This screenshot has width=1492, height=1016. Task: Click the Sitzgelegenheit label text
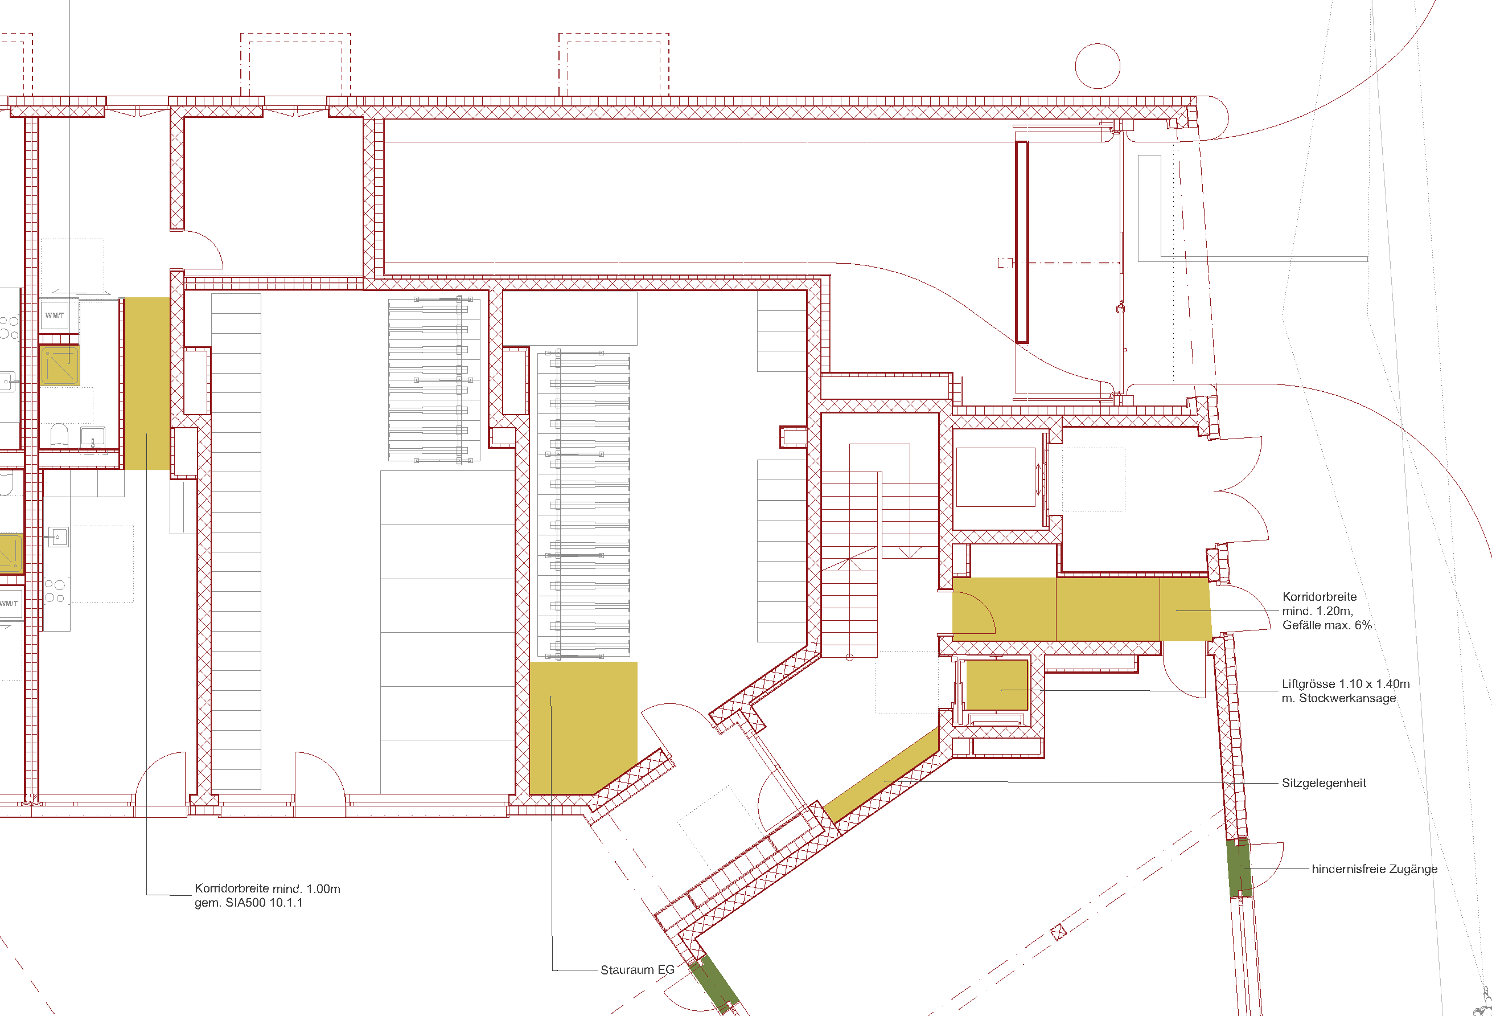click(x=1324, y=783)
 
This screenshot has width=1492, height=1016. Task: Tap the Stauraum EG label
click(x=638, y=970)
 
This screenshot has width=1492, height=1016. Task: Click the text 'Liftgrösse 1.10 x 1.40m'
click(x=1346, y=684)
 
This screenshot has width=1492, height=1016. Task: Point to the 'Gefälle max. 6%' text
click(x=1327, y=625)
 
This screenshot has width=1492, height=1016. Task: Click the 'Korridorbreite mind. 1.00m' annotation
click(x=268, y=888)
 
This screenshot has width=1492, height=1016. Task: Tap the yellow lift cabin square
click(x=996, y=685)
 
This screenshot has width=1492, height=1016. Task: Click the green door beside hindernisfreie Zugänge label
click(x=1239, y=868)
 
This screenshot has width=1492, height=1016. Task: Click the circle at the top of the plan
click(x=1098, y=66)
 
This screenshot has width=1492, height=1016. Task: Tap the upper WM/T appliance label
click(x=55, y=316)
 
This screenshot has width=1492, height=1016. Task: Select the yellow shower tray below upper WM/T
click(x=60, y=365)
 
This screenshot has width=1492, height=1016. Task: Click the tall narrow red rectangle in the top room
click(x=1022, y=242)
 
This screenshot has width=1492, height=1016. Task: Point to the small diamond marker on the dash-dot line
click(x=1058, y=932)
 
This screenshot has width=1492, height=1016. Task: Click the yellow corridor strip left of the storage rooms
click(x=147, y=383)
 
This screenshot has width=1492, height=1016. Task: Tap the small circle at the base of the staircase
click(x=849, y=657)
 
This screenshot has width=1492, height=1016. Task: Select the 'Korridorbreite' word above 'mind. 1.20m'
click(x=1320, y=597)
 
